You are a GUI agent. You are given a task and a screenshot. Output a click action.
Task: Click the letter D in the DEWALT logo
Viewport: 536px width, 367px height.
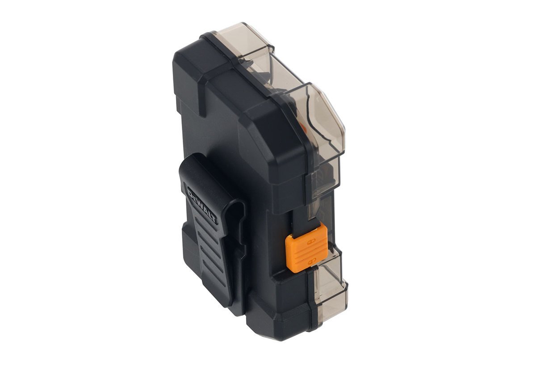[x=191, y=194]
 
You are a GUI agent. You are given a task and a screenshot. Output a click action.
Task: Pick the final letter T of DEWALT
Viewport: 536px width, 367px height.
[x=214, y=220]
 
